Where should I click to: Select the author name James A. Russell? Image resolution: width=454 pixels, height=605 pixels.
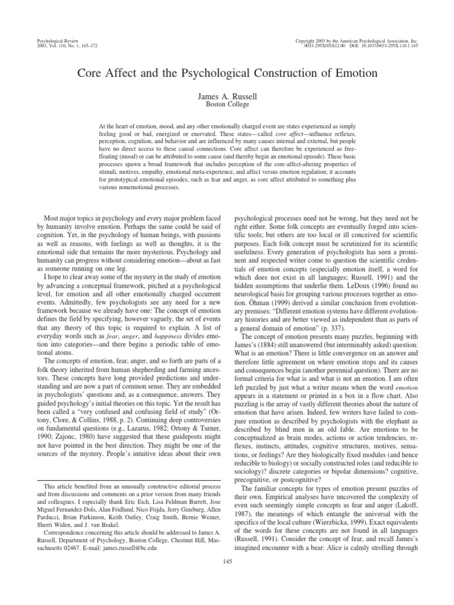pyautogui.click(x=227, y=97)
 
